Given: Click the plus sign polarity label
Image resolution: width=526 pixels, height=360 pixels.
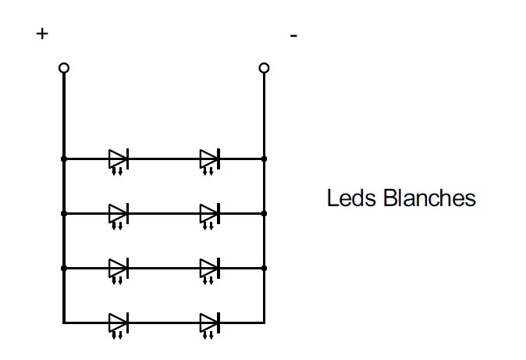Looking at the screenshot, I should (42, 34).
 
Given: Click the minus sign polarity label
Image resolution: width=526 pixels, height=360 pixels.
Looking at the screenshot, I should (293, 35).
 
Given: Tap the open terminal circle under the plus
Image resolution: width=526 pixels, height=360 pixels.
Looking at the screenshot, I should (64, 68).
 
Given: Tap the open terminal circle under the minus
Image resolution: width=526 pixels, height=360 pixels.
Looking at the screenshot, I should (264, 68).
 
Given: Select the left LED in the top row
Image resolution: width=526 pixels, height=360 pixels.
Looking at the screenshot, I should (118, 159).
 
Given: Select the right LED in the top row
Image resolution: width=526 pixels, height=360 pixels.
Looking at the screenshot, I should (209, 159).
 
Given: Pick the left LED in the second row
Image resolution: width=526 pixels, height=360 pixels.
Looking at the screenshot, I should (118, 213).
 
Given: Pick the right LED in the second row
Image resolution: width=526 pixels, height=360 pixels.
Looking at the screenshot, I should (209, 213).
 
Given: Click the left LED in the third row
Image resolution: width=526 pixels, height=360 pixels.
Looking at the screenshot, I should (118, 268).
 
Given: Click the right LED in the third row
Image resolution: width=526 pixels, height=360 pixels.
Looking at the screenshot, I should (209, 268).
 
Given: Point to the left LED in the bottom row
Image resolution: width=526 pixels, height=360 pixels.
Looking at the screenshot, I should (118, 322).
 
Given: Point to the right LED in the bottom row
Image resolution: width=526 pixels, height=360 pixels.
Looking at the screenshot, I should (209, 322).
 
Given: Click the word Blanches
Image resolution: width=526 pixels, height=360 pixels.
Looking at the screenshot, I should (430, 198).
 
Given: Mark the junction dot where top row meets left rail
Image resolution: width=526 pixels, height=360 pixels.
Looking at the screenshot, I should (64, 159).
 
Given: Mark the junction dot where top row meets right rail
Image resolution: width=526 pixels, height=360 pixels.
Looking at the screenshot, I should (264, 159).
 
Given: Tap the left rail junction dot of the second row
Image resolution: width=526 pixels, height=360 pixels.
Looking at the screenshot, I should (64, 213).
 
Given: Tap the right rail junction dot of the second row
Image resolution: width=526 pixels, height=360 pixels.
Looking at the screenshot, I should (264, 213).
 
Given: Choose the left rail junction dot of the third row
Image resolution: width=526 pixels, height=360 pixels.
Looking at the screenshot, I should (64, 268).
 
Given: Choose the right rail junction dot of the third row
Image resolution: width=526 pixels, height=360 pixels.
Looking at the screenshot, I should (264, 268).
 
